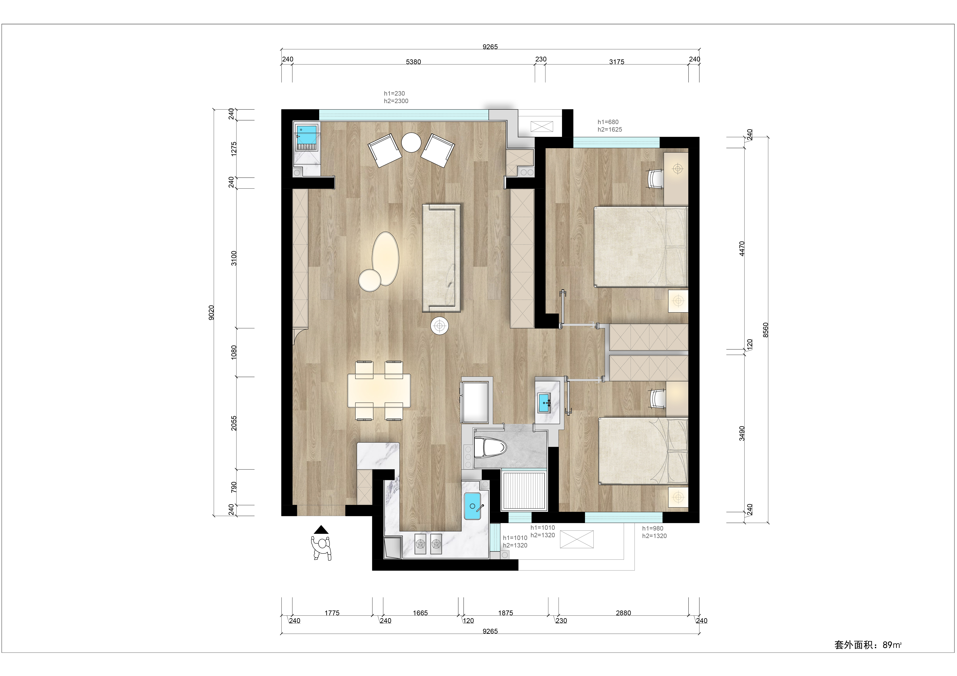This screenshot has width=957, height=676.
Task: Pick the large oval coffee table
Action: [x=386, y=259]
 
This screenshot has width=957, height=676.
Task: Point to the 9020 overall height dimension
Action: [x=211, y=312]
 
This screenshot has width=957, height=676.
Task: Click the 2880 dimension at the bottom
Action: [x=623, y=613]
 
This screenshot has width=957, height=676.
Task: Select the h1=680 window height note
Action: [x=608, y=122]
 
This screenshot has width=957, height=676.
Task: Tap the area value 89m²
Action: [x=892, y=645]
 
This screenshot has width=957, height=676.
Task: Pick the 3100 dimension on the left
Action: [x=234, y=258]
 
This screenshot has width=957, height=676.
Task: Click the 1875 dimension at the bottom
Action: [x=506, y=613]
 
